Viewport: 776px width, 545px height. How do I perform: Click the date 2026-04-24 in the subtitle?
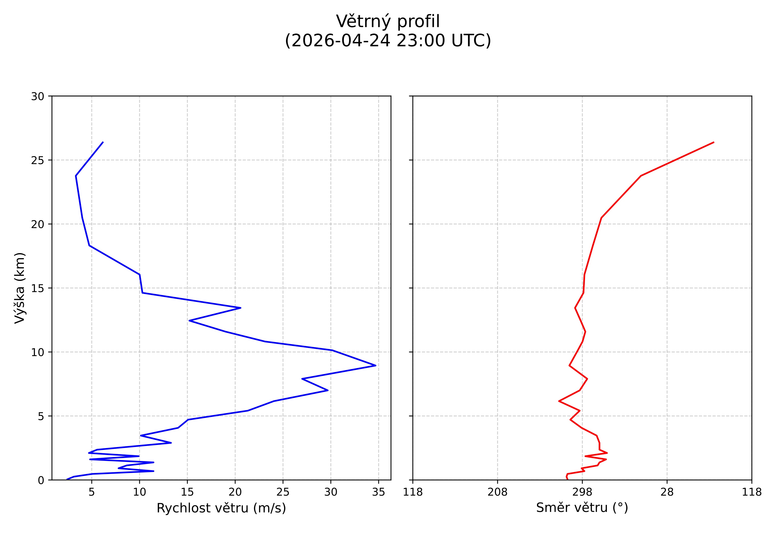click(x=339, y=41)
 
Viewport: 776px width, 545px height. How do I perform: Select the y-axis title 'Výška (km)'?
click(x=20, y=288)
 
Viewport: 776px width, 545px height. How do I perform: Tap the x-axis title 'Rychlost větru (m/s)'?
click(x=221, y=508)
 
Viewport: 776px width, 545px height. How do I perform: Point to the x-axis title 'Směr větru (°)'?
click(x=582, y=508)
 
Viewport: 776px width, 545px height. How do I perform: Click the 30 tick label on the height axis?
click(x=38, y=97)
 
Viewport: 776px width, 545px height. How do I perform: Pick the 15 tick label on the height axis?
click(x=38, y=288)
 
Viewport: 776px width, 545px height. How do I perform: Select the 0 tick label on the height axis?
click(x=41, y=480)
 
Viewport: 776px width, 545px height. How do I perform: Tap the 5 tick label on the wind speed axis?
click(x=92, y=492)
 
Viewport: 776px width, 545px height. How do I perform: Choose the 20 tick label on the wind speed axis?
click(x=235, y=492)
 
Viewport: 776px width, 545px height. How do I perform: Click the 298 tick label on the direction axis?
click(x=582, y=492)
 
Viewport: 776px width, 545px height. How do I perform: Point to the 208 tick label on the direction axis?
click(x=497, y=492)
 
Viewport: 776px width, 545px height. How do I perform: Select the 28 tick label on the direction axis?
click(x=667, y=492)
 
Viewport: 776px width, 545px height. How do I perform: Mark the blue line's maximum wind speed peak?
click(x=376, y=365)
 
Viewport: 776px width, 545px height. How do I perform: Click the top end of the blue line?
click(x=103, y=142)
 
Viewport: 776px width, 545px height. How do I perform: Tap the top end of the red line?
click(x=714, y=142)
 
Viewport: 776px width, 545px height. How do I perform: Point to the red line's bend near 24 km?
click(x=641, y=176)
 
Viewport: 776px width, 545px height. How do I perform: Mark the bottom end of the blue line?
click(x=67, y=479)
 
